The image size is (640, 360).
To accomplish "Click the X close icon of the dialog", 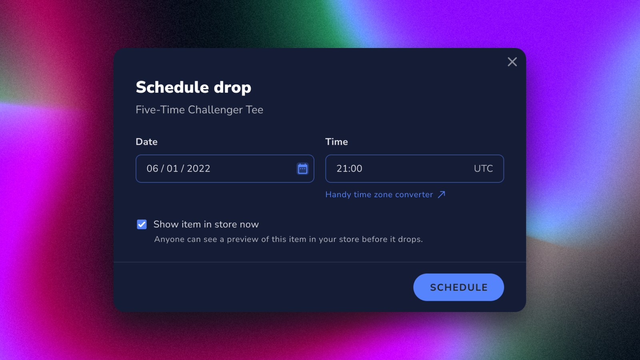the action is click(512, 62).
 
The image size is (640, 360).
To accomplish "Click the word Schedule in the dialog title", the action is click(172, 87).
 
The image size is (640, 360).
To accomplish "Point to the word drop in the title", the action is click(232, 88).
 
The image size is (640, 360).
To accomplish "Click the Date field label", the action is click(146, 142).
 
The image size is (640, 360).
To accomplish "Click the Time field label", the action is click(336, 142).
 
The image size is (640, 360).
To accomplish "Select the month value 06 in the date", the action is click(152, 168).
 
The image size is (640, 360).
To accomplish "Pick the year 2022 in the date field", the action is click(198, 168).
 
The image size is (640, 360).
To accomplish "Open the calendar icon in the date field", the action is click(302, 168).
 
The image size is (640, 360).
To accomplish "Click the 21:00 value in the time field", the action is click(349, 168).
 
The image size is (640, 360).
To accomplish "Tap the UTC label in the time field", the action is click(483, 168).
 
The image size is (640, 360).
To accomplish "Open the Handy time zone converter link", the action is click(379, 194).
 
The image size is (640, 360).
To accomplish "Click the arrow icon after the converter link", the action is click(442, 194).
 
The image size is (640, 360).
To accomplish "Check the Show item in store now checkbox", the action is click(142, 224).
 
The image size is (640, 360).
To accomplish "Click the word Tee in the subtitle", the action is click(254, 110).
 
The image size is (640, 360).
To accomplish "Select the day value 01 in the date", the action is click(172, 168).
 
